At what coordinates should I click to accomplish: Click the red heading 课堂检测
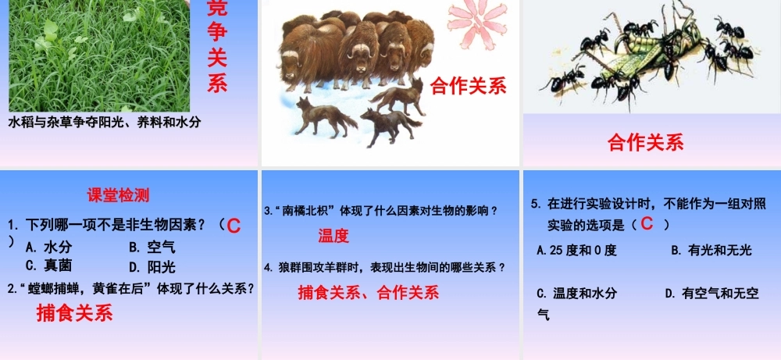118,195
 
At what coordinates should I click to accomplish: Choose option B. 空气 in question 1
152,248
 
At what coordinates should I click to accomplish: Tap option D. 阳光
152,266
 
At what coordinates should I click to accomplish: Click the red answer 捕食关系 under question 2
74,313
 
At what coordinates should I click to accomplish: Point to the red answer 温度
333,236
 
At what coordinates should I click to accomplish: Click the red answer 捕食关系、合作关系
369,293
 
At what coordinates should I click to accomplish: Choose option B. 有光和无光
711,250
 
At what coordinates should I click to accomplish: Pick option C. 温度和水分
576,294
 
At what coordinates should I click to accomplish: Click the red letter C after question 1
233,226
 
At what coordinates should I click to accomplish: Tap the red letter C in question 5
646,224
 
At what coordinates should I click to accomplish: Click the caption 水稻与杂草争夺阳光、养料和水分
105,123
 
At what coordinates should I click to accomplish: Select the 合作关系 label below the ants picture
645,142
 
